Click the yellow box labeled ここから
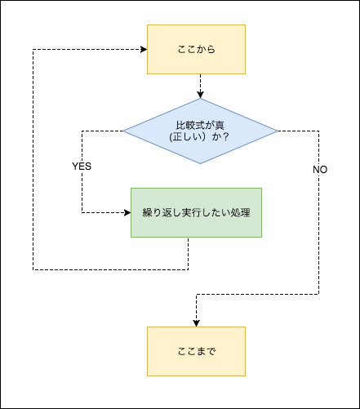coord(196,49)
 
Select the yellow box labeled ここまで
coord(196,351)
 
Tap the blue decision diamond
coord(200,131)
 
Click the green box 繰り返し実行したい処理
coord(196,212)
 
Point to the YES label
coord(82,167)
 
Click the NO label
coord(320,170)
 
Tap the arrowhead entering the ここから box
coord(144,49)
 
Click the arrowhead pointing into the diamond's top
coord(200,95)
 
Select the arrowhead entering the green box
coord(127,212)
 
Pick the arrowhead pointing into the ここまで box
coord(196,323)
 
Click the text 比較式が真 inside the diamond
coord(200,125)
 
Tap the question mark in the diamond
coord(225,136)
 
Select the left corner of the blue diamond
coord(123,131)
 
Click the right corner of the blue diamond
coord(278,131)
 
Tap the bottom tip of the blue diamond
coord(200,163)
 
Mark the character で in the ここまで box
coord(211,351)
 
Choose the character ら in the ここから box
coord(211,49)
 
